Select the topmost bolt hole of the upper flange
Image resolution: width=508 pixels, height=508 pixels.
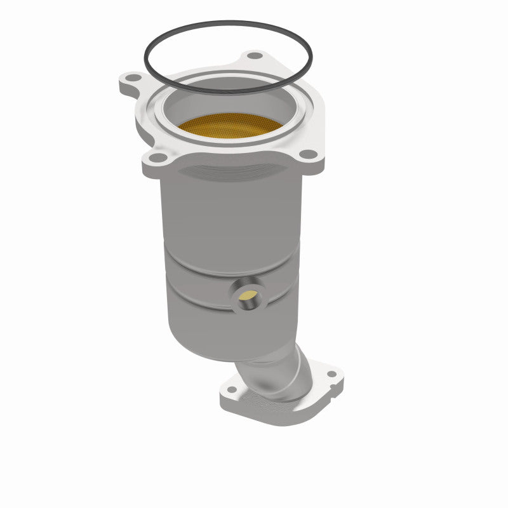coord(255,56)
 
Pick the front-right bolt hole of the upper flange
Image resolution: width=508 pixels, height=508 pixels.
coord(307,154)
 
